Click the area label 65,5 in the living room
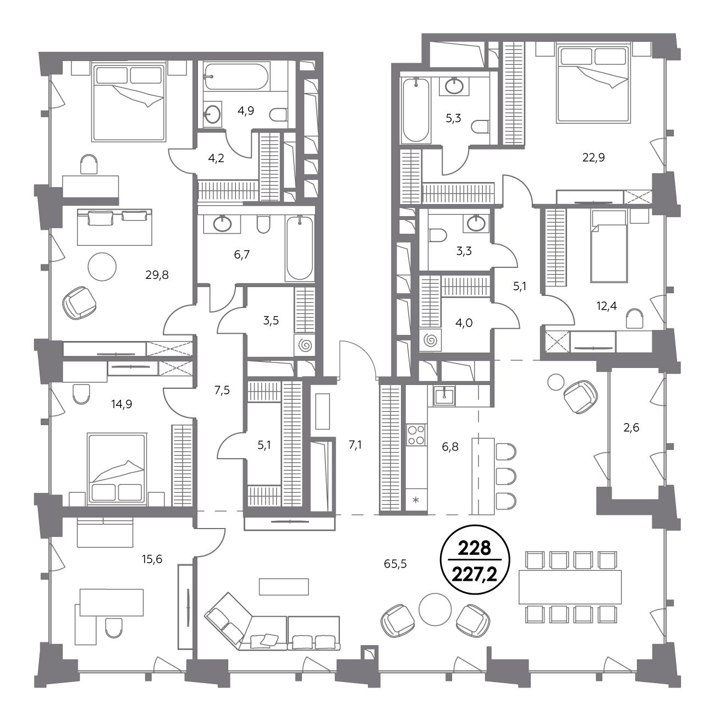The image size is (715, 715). (395, 564)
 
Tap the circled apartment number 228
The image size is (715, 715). (475, 548)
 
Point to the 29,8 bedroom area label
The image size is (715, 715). (157, 275)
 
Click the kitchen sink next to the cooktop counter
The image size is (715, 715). (444, 395)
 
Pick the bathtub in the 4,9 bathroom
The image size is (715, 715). (231, 76)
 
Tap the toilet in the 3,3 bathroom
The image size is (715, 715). (438, 235)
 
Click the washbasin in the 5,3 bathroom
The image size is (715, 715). (454, 86)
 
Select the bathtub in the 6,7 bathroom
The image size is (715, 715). (300, 248)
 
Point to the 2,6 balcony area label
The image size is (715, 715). (631, 428)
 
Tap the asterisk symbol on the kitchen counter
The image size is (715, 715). (416, 501)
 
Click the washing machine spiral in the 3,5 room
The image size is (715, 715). (305, 345)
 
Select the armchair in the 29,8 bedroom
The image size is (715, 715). (79, 302)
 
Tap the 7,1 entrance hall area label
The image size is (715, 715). (355, 445)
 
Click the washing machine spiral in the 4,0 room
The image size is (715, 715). (431, 340)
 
